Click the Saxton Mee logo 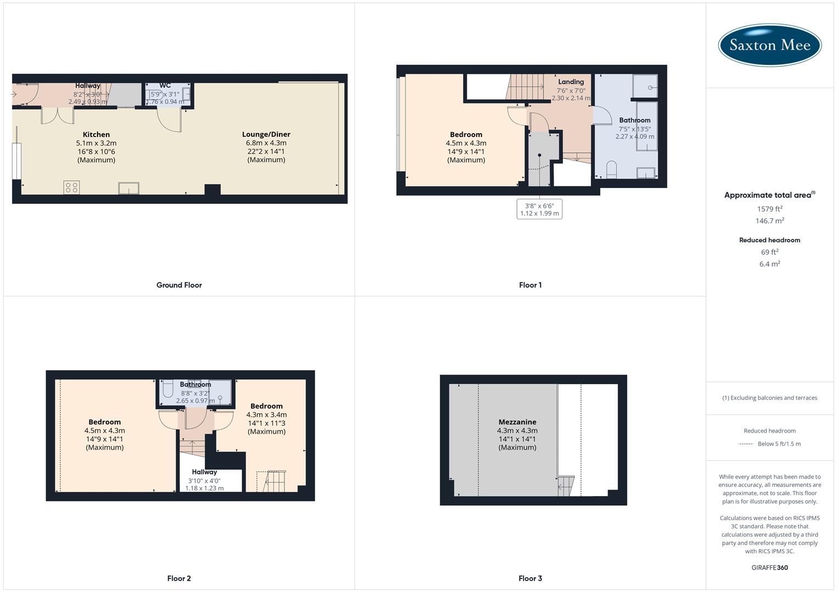tap(770, 45)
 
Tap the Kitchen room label tap(96, 134)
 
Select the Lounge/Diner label tap(266, 134)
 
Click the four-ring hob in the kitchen tap(72, 187)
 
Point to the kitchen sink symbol tap(129, 189)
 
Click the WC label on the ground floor tap(165, 86)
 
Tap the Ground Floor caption tap(179, 285)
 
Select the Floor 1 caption tap(530, 285)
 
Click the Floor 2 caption tap(179, 578)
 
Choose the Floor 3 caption tap(530, 578)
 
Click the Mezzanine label tap(517, 422)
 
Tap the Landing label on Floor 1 tap(571, 82)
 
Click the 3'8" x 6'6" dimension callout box tap(539, 209)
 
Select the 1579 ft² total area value tap(770, 209)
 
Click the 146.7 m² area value tap(770, 221)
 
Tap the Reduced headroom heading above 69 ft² tap(770, 240)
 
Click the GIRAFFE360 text tap(770, 567)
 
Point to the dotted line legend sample tap(746, 444)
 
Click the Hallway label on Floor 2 tap(204, 472)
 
